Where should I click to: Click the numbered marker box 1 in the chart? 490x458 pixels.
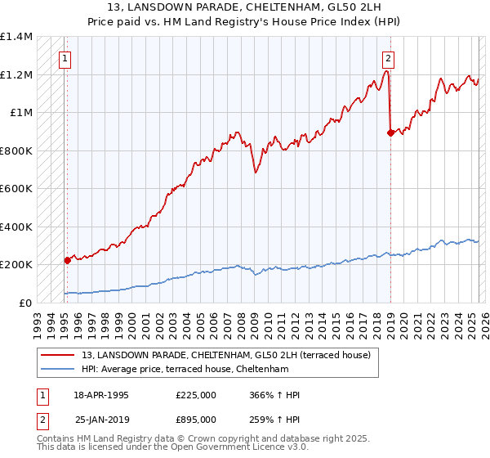(65, 58)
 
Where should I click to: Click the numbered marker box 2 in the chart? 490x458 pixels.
(388, 58)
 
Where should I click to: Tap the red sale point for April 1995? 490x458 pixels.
(67, 260)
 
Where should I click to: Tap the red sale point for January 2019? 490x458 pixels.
(390, 132)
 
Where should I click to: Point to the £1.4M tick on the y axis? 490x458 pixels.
(16, 37)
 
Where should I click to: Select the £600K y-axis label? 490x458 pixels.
(16, 189)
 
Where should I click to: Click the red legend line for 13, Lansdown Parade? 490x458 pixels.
(58, 355)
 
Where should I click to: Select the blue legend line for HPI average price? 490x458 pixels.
(58, 369)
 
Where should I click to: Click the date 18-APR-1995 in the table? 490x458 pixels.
(101, 396)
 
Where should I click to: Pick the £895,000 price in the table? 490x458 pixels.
(196, 419)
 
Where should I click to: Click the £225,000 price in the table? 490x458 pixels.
(196, 396)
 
